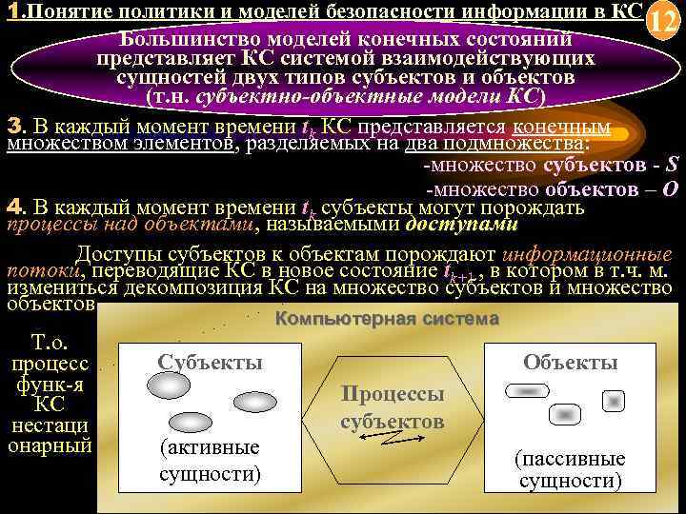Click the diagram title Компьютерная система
[387, 319]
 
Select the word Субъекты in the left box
[210, 362]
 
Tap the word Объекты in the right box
[571, 362]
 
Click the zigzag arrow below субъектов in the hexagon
[387, 437]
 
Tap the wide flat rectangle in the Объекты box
[527, 390]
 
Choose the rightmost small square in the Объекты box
[615, 398]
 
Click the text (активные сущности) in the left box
[210, 460]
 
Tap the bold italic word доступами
[461, 226]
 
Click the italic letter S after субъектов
[671, 167]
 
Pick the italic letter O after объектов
[670, 188]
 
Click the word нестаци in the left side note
[48, 425]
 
